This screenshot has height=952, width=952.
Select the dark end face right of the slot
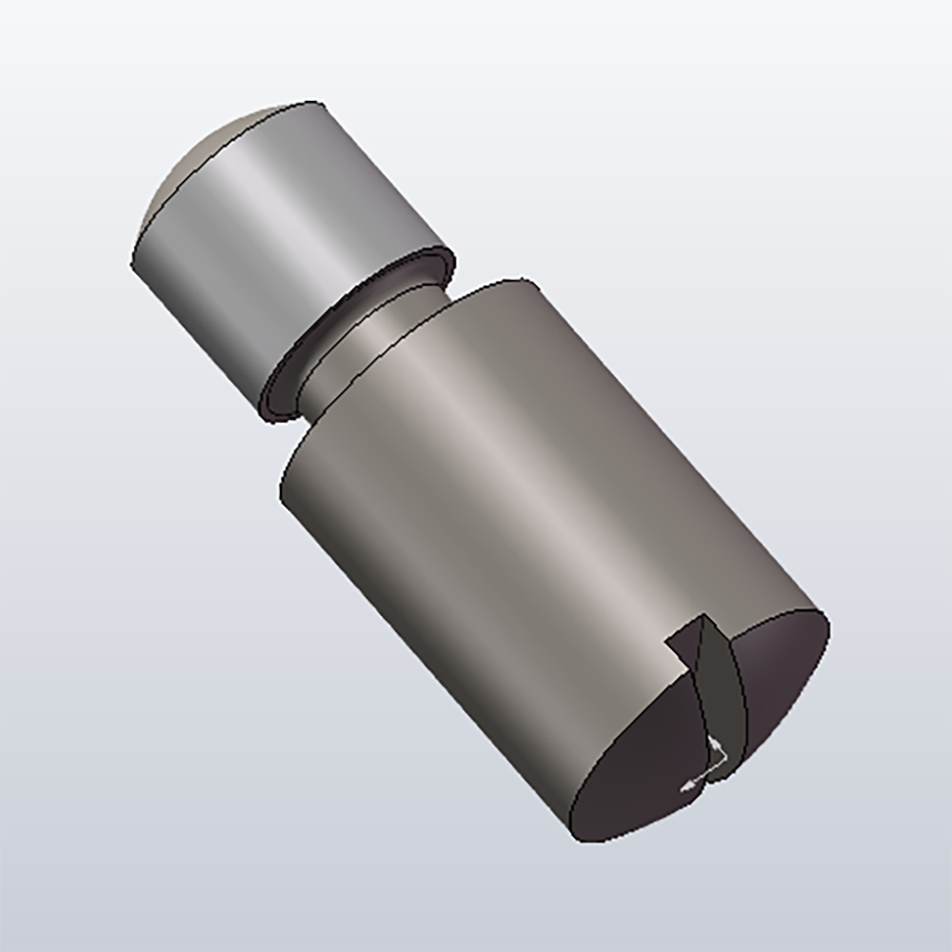(x=781, y=666)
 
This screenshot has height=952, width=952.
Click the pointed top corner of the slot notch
(x=705, y=617)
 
